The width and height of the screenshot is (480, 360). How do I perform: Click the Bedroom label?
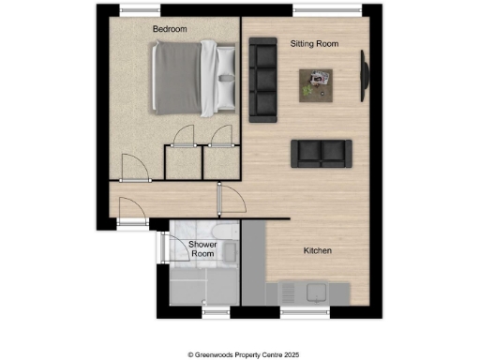(x=170, y=30)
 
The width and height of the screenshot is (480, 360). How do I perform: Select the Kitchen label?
(x=316, y=251)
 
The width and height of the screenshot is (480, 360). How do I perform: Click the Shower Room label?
(x=203, y=249)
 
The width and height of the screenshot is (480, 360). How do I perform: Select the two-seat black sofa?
(x=321, y=153)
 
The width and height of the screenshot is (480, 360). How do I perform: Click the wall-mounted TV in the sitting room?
(x=365, y=80)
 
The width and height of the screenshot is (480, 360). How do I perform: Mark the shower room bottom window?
(x=217, y=309)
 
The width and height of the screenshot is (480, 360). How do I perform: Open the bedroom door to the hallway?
(x=134, y=170)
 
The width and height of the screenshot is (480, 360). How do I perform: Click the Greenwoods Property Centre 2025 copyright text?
(x=240, y=354)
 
